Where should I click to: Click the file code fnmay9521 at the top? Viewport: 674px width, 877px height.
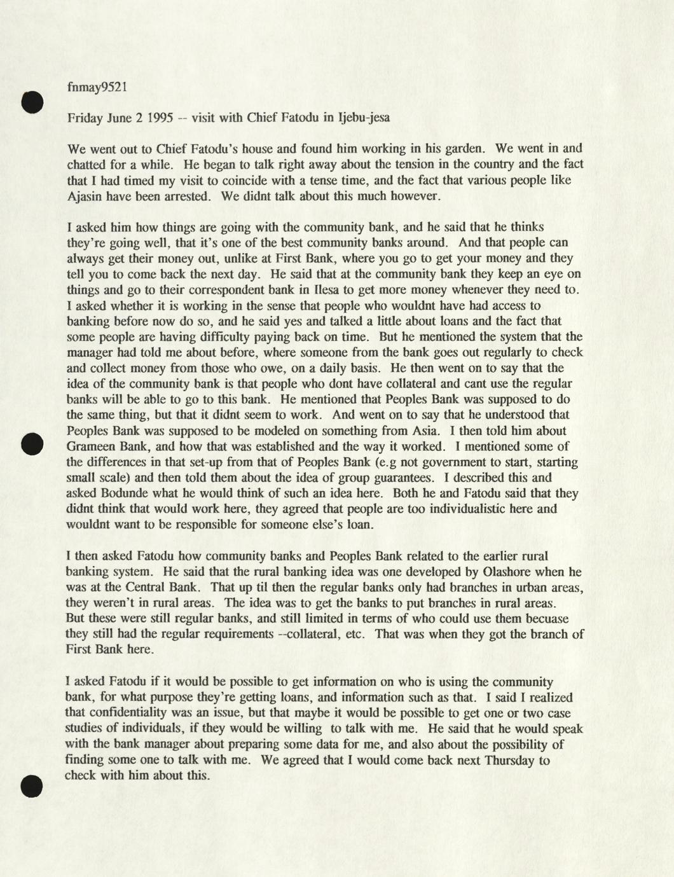click(97, 87)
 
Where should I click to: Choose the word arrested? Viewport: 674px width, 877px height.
click(186, 196)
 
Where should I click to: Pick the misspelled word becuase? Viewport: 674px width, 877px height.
click(546, 618)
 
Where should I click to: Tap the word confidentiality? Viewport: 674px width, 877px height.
click(132, 713)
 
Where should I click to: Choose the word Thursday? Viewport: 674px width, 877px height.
click(509, 760)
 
